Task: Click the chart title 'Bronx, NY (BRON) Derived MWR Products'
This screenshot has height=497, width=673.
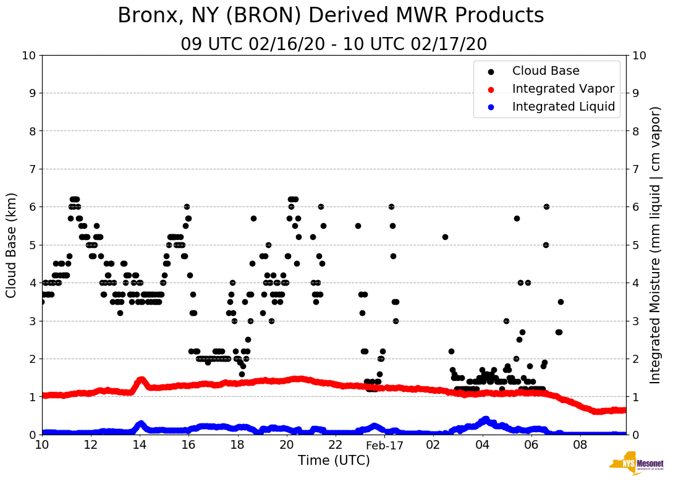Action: coord(331,15)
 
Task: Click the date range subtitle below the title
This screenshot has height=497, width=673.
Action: coord(334,45)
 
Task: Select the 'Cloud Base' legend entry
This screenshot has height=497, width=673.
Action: coord(546,71)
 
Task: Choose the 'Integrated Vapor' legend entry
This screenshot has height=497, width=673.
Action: coord(563,89)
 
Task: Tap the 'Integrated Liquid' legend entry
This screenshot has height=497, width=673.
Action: coord(563,107)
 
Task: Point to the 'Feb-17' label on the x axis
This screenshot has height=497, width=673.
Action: coord(384,445)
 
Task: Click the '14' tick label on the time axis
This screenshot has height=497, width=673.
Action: coord(140,445)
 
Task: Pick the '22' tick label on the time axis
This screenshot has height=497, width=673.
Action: coord(336,445)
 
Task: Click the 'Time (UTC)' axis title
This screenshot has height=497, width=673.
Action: coord(334,461)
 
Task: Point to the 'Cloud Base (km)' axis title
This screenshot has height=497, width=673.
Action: coord(12,245)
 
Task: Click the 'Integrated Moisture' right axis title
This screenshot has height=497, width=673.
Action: coord(656,245)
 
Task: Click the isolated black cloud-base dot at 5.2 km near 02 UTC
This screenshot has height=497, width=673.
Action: coord(445,237)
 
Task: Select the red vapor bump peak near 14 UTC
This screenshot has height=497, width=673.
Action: coord(142,380)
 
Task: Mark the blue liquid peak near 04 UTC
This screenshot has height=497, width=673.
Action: coord(485,420)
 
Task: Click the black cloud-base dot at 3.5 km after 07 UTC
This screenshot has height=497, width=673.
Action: coord(561,302)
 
